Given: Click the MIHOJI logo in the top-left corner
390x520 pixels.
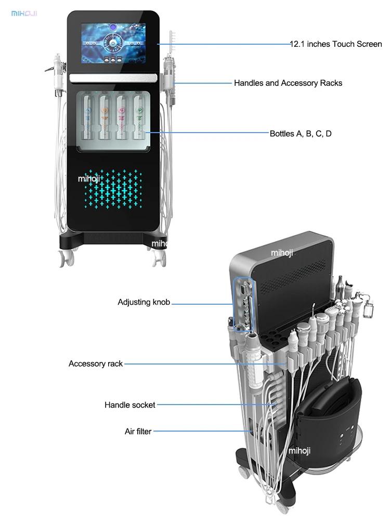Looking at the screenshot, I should pyautogui.click(x=25, y=12).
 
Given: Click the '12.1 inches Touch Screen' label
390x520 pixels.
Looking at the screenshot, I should pyautogui.click(x=336, y=44).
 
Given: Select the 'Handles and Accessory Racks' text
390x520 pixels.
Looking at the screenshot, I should pyautogui.click(x=288, y=83).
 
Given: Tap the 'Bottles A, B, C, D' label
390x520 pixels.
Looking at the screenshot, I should pyautogui.click(x=301, y=134).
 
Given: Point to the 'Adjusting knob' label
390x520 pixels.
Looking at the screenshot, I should pyautogui.click(x=144, y=302).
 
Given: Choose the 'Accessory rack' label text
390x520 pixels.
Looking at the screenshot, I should pyautogui.click(x=96, y=363).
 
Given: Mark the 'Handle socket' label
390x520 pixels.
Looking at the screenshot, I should pyautogui.click(x=130, y=405).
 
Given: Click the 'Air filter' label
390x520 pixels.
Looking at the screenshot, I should pyautogui.click(x=138, y=431).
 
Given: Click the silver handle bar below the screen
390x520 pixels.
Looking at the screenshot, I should pyautogui.click(x=113, y=77).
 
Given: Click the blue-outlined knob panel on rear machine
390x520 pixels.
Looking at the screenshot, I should pyautogui.click(x=243, y=305).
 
